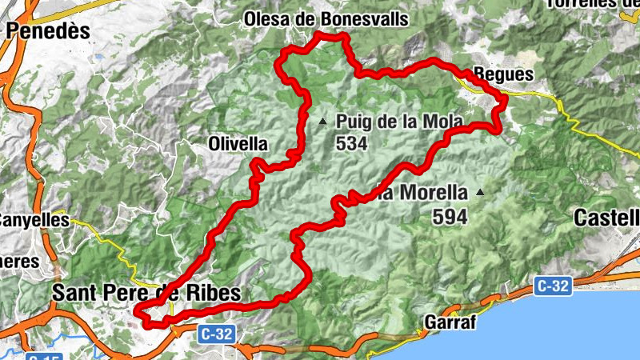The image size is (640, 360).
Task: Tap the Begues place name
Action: click(x=503, y=74)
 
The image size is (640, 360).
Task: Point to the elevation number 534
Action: click(x=352, y=144)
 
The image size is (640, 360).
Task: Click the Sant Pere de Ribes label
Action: click(x=146, y=293)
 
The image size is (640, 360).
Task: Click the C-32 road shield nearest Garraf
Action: click(x=554, y=285)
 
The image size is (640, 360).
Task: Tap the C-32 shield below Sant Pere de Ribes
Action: click(x=217, y=333)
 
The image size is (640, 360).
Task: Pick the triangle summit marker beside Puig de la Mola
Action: click(x=322, y=122)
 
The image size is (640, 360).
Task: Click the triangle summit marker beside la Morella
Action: click(x=480, y=192)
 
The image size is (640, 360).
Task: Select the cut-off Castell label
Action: click(x=607, y=216)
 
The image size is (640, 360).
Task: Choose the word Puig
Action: click(x=353, y=122)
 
